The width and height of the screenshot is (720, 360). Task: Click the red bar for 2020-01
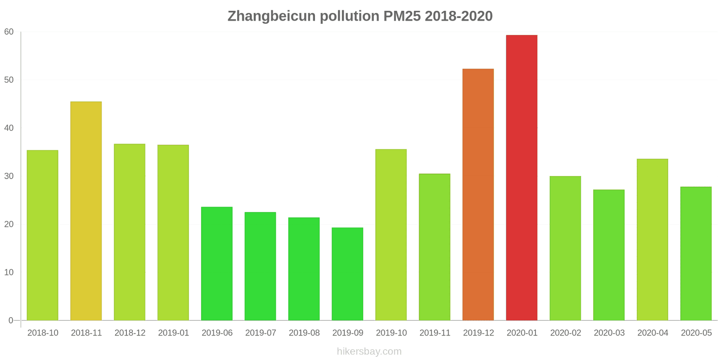click(x=522, y=178)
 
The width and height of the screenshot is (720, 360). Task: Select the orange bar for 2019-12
click(x=478, y=194)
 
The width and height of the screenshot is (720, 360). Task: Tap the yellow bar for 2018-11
click(x=86, y=211)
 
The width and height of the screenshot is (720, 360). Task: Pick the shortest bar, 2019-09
click(x=347, y=274)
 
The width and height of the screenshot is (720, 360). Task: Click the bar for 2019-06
click(x=217, y=263)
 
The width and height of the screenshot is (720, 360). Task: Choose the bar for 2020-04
click(x=652, y=239)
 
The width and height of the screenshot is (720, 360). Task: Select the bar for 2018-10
click(x=42, y=235)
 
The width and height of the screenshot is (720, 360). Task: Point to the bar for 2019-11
click(x=434, y=247)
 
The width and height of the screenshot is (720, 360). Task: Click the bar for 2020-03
click(x=609, y=255)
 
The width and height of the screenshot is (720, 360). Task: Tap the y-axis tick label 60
click(x=9, y=32)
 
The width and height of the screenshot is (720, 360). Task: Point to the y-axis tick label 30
click(x=9, y=176)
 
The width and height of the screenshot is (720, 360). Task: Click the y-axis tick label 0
click(x=11, y=320)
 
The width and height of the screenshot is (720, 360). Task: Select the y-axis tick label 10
click(x=9, y=272)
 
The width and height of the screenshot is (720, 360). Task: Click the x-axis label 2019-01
click(x=173, y=333)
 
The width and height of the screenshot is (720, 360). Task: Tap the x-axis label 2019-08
click(x=304, y=333)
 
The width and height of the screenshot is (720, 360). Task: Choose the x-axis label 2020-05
click(x=696, y=333)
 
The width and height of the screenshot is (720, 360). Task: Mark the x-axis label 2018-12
click(x=130, y=333)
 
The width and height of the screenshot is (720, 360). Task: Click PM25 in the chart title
click(x=402, y=16)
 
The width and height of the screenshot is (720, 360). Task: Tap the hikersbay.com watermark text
click(x=369, y=351)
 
